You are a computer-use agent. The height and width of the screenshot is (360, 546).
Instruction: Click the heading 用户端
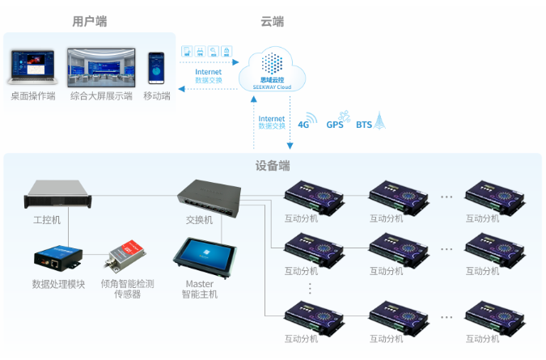pyautogui.click(x=89, y=22)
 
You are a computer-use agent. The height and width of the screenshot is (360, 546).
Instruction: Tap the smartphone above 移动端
pyautogui.click(x=156, y=70)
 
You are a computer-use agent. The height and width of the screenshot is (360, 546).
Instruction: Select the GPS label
pyautogui.click(x=334, y=125)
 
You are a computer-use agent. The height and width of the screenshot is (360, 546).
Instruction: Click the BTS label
pyautogui.click(x=364, y=125)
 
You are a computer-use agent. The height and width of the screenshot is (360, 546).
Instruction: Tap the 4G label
pyautogui.click(x=304, y=125)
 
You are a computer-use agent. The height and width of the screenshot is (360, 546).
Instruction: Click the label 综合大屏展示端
pyautogui.click(x=101, y=96)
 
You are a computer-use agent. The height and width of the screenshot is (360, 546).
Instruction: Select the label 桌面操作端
pyautogui.click(x=33, y=96)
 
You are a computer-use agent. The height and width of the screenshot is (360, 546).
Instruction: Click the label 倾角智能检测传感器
pyautogui.click(x=127, y=289)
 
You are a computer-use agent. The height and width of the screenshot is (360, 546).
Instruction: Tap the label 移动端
pyautogui.click(x=156, y=96)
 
